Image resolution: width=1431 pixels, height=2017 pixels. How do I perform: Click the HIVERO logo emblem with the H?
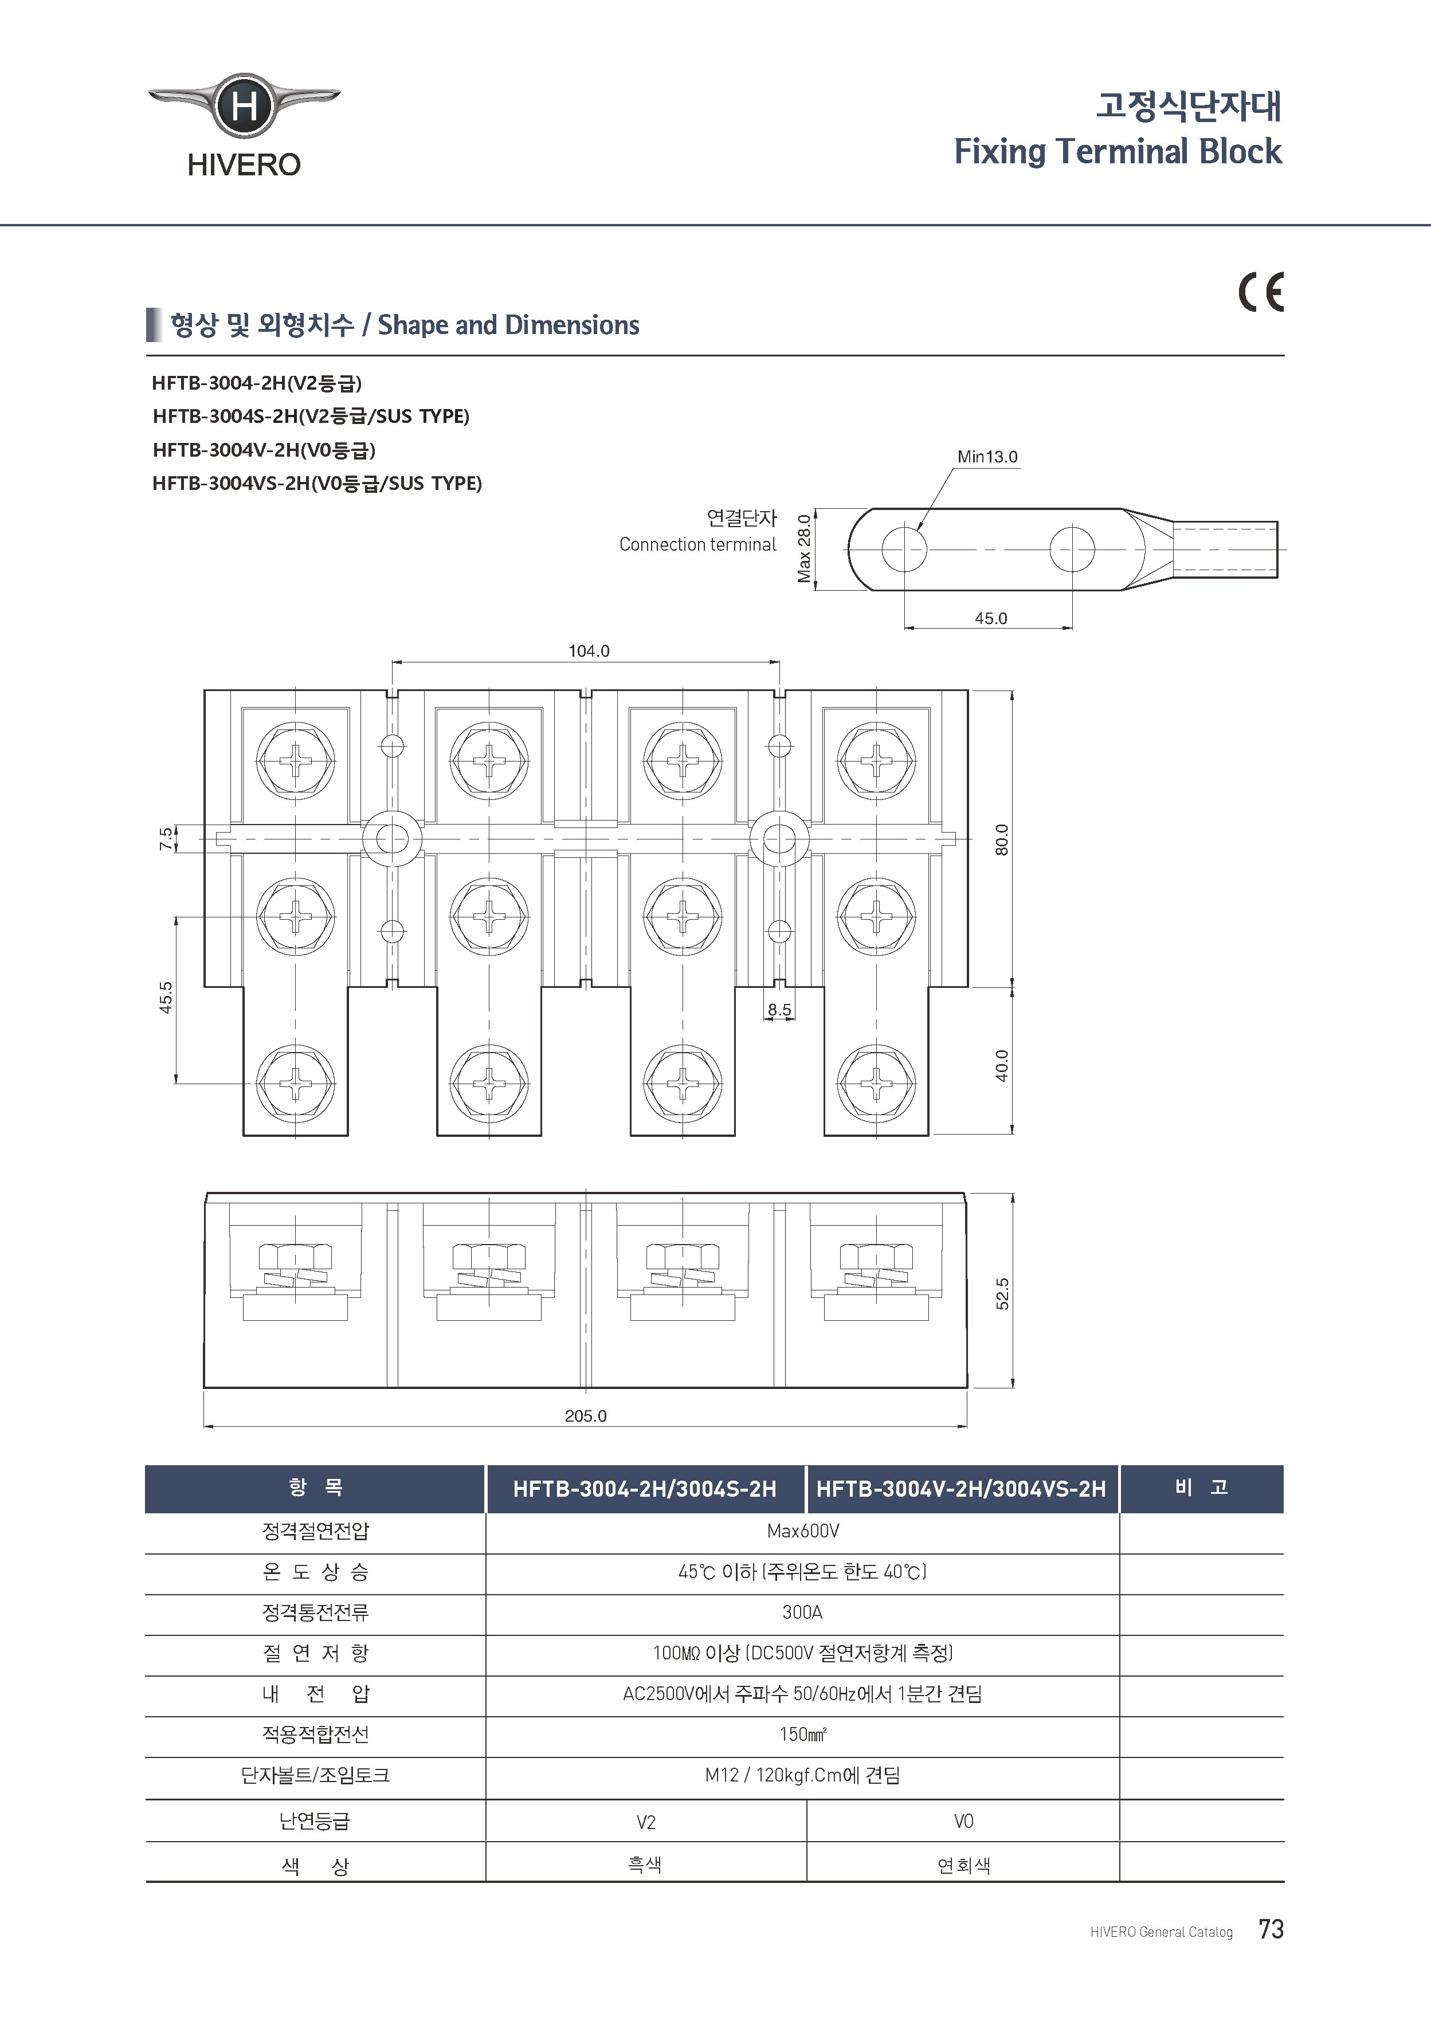pos(244,105)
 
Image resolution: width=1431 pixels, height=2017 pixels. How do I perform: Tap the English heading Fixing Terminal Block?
pos(1118,151)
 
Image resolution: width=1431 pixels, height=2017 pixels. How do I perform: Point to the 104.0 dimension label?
pos(589,651)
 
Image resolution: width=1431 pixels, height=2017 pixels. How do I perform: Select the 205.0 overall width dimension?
pos(585,1415)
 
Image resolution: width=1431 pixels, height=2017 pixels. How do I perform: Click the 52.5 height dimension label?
pos(1002,1294)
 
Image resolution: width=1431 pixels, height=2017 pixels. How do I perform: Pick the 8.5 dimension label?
pos(779,1010)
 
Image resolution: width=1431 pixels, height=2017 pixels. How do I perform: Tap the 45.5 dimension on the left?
pos(166,998)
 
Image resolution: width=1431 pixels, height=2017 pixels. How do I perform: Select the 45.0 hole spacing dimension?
pos(990,618)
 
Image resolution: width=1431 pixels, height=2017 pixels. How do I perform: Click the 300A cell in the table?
pos(802,1612)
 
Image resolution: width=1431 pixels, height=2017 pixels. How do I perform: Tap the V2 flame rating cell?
pos(646,1822)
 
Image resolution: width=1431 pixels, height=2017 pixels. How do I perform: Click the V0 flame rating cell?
pos(963,1820)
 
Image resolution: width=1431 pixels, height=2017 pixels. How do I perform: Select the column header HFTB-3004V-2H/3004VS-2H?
pos(960,1489)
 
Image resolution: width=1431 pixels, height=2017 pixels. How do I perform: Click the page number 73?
pos(1271,1929)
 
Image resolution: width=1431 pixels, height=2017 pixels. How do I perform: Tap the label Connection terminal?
pos(697,544)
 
